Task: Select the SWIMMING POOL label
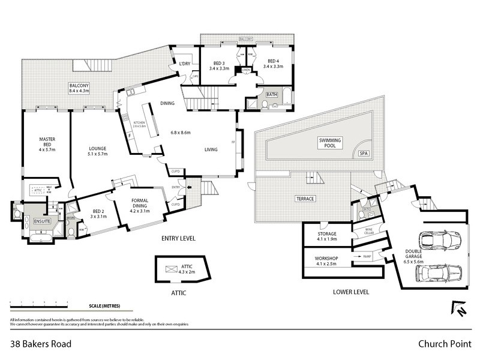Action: tap(329, 143)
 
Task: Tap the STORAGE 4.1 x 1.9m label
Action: tap(326, 236)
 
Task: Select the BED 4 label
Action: tap(274, 64)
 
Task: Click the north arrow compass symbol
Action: tap(458, 308)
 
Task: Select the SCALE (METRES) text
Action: tap(104, 306)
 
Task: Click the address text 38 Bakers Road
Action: tap(41, 344)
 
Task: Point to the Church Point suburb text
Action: tap(443, 344)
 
